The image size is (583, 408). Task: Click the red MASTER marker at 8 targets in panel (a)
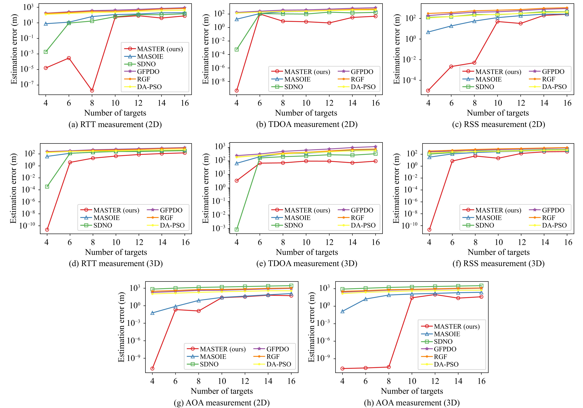pyautogui.click(x=92, y=90)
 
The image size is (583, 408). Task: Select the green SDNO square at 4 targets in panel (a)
pyautogui.click(x=46, y=52)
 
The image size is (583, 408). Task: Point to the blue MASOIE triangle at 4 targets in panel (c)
pyautogui.click(x=428, y=32)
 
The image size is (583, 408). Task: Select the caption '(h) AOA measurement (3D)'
pyautogui.click(x=412, y=403)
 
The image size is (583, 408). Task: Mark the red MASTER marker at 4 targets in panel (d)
pyautogui.click(x=47, y=230)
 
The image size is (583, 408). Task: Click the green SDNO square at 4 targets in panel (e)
pyautogui.click(x=237, y=230)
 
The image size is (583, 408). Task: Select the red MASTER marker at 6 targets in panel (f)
pyautogui.click(x=452, y=161)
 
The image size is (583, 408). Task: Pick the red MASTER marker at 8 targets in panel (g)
pyautogui.click(x=199, y=311)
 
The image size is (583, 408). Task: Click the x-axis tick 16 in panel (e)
pyautogui.click(x=376, y=242)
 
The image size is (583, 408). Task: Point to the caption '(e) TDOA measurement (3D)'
pyautogui.click(x=307, y=264)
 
